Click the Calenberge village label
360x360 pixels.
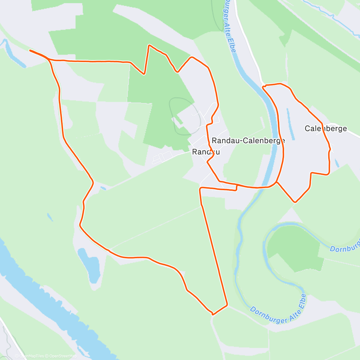[325, 129]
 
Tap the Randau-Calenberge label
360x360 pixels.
[248, 140]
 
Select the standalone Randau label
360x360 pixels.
[206, 152]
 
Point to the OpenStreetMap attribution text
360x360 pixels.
[63, 356]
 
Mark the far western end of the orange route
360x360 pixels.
[30, 50]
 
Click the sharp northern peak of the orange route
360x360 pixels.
[149, 45]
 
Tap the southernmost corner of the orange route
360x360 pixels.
[212, 314]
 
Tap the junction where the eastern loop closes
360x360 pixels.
[277, 182]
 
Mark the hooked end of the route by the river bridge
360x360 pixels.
[263, 87]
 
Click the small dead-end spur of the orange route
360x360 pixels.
[237, 188]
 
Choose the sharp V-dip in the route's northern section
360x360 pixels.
[144, 73]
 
